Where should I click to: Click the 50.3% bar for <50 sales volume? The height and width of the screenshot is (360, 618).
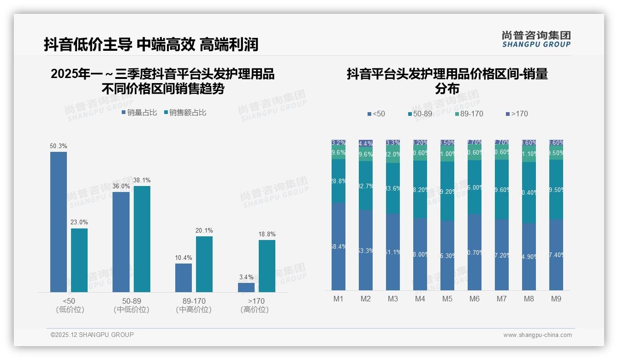click(x=59, y=222)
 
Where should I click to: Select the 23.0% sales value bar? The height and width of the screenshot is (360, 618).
click(x=79, y=260)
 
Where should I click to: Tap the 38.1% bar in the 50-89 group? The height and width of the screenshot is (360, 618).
click(x=142, y=239)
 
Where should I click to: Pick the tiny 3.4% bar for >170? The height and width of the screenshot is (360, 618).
click(x=246, y=287)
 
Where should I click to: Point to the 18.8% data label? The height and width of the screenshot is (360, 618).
click(x=267, y=234)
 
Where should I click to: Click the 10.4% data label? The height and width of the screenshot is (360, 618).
click(x=184, y=258)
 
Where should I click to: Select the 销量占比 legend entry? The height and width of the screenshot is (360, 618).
click(x=139, y=112)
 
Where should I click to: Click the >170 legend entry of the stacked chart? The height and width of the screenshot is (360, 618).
click(x=517, y=114)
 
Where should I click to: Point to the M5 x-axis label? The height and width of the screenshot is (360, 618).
click(x=447, y=299)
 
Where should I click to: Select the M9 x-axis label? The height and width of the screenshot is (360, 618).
click(x=556, y=299)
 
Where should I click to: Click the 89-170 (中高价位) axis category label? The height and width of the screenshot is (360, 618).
click(x=194, y=305)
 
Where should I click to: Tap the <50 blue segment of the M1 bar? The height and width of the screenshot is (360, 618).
click(x=339, y=246)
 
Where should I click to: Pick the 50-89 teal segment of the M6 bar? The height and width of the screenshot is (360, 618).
click(x=475, y=187)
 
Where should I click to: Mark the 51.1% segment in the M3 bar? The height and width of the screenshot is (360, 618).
click(x=393, y=252)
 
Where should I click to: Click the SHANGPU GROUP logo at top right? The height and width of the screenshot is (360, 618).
click(x=536, y=39)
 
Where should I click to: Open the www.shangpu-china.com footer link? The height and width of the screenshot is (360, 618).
click(x=537, y=335)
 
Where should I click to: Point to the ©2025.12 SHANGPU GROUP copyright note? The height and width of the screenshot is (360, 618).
click(x=92, y=335)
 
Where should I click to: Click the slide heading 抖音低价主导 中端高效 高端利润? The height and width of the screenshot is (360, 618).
click(x=151, y=44)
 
